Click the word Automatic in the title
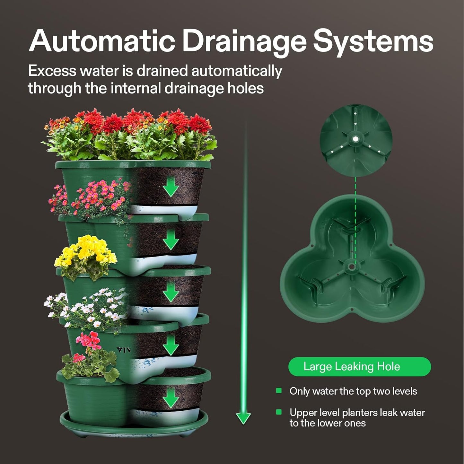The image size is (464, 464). click(x=102, y=41)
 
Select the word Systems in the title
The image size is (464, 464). click(x=373, y=41)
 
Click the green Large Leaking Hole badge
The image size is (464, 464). click(x=359, y=367)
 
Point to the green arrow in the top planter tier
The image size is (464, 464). click(x=171, y=187)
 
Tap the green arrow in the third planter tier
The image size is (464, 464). click(x=171, y=293)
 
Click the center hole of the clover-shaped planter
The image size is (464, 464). click(x=352, y=267)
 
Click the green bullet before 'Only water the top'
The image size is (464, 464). click(x=279, y=391)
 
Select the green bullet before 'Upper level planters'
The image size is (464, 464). click(x=279, y=412)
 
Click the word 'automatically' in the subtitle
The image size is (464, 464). click(x=237, y=71)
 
